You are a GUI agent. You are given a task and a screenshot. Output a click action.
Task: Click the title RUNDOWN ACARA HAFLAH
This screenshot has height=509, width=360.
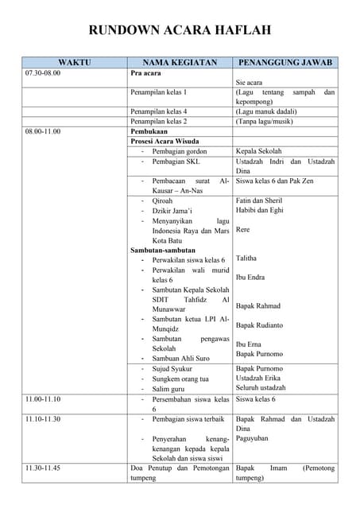click(180, 30)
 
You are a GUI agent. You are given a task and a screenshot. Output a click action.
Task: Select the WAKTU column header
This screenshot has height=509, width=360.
click(74, 62)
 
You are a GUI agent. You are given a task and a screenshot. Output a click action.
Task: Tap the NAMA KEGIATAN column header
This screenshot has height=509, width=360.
click(179, 62)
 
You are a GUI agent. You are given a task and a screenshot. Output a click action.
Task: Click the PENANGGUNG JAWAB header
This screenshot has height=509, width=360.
click(285, 62)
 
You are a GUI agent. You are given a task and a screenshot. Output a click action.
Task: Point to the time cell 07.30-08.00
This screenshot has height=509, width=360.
click(43, 73)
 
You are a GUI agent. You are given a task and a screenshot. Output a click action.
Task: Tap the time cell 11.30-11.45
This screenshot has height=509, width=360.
click(43, 468)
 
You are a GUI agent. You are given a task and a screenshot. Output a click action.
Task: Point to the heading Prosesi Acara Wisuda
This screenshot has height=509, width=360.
click(165, 141)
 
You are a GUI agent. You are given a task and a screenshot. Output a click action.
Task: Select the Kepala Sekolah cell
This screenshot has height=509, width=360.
click(258, 150)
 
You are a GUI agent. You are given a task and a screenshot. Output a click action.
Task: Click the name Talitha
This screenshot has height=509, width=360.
click(247, 258)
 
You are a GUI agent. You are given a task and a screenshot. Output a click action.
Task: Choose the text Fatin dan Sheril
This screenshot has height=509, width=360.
click(259, 200)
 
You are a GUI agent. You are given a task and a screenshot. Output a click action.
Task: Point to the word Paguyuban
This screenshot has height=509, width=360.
click(254, 438)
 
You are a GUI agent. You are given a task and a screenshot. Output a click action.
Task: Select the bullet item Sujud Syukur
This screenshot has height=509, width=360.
click(174, 368)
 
